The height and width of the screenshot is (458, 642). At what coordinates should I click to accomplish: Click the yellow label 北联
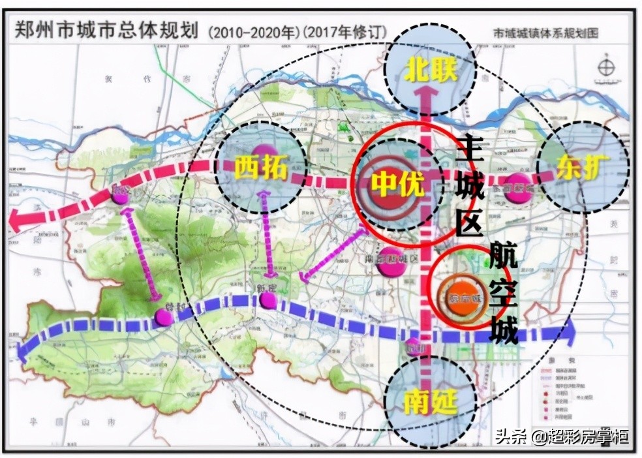[x=430, y=70]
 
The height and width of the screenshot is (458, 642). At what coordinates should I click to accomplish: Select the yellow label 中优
[x=398, y=185]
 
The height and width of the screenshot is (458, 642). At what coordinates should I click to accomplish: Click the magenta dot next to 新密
[x=267, y=300]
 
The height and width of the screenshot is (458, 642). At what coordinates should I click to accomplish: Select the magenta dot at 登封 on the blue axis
[x=164, y=317]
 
